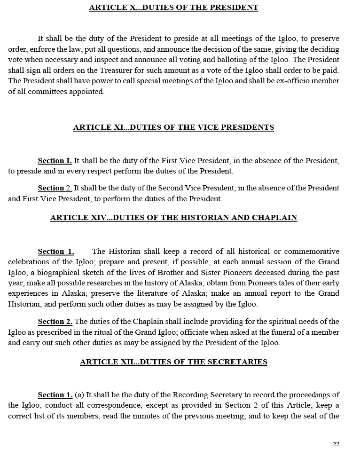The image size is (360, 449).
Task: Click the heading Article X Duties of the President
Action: pyautogui.click(x=173, y=8)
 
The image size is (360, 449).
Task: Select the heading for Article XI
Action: pyautogui.click(x=173, y=127)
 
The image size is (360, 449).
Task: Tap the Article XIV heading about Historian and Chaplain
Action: pyautogui.click(x=173, y=218)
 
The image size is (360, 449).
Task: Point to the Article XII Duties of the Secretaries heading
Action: pyautogui.click(x=173, y=362)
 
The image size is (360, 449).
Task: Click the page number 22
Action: pyautogui.click(x=336, y=444)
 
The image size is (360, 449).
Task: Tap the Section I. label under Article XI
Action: pyautogui.click(x=55, y=161)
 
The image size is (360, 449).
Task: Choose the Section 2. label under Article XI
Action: pyautogui.click(x=55, y=188)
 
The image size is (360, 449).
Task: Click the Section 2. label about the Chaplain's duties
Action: pyautogui.click(x=55, y=322)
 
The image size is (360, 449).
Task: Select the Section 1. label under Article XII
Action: pyautogui.click(x=55, y=395)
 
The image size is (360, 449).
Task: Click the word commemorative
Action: pyautogui.click(x=311, y=252)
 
